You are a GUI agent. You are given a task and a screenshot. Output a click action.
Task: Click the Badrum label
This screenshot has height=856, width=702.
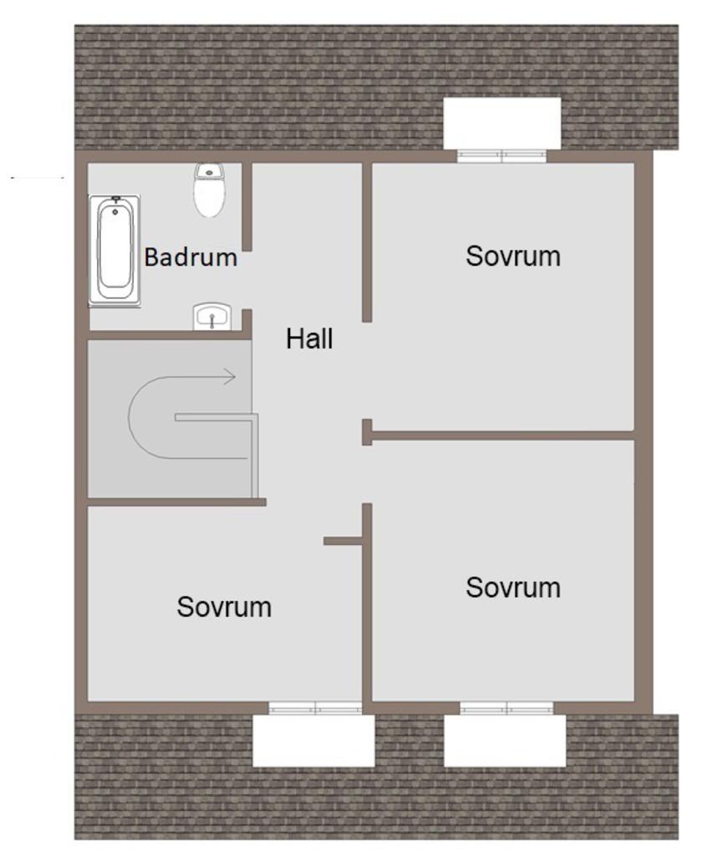pos(191,257)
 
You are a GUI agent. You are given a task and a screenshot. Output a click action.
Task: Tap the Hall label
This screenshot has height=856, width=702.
pos(309,339)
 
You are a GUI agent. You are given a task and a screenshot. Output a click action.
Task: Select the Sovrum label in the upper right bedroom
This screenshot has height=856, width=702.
pos(513,256)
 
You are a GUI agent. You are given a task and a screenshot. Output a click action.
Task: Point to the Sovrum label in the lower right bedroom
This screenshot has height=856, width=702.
pos(513,588)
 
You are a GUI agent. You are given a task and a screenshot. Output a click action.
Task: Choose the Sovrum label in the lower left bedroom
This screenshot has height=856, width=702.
pos(224,607)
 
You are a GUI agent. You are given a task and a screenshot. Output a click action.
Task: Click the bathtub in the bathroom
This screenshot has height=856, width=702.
pos(115,250)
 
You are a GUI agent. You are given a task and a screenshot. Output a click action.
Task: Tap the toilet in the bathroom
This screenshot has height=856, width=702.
pos(210,190)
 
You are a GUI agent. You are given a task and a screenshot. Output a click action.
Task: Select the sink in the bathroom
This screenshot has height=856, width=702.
pos(212,317)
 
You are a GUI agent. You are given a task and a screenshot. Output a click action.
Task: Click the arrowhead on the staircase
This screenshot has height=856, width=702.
pos(229,376)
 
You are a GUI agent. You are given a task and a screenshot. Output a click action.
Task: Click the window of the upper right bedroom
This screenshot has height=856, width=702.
pos(501,156)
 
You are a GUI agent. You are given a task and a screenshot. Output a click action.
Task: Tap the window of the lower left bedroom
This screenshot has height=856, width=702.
pos(315,708)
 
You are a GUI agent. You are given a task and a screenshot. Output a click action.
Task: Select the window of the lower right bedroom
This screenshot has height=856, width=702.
pos(506,708)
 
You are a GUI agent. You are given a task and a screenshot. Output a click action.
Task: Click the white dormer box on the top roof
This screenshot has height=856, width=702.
pos(502,123)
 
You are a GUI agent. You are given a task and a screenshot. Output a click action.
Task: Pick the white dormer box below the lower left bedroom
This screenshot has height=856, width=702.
pos(314,741)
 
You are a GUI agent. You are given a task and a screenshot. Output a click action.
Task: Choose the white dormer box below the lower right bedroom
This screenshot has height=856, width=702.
pos(505,741)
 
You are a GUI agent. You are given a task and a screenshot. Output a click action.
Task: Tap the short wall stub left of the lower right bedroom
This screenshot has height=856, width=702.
pos(343,541)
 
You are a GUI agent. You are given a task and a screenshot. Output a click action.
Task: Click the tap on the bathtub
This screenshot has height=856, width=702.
pos(115,200)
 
